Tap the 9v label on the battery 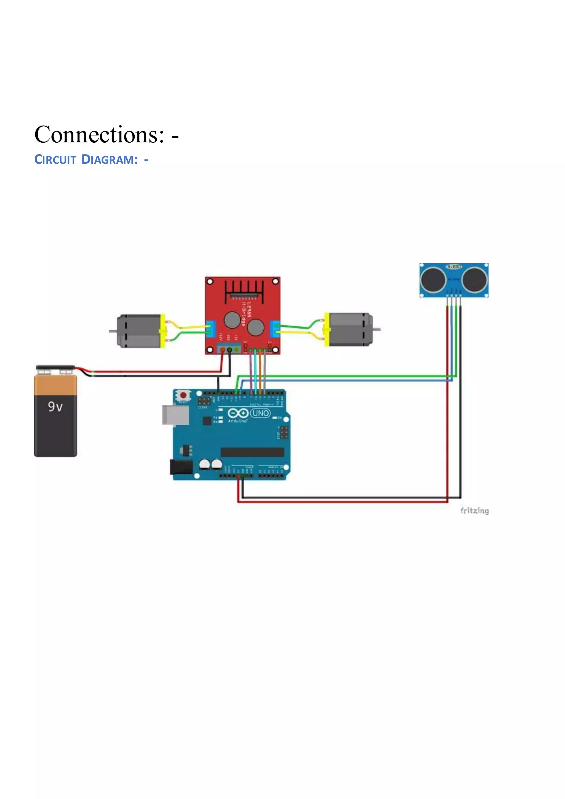click(55, 406)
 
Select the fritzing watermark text click(474, 511)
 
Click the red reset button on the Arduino click(183, 395)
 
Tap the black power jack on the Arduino click(181, 467)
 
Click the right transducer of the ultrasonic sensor click(475, 280)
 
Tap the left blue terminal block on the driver click(211, 329)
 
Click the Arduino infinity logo click(238, 413)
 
